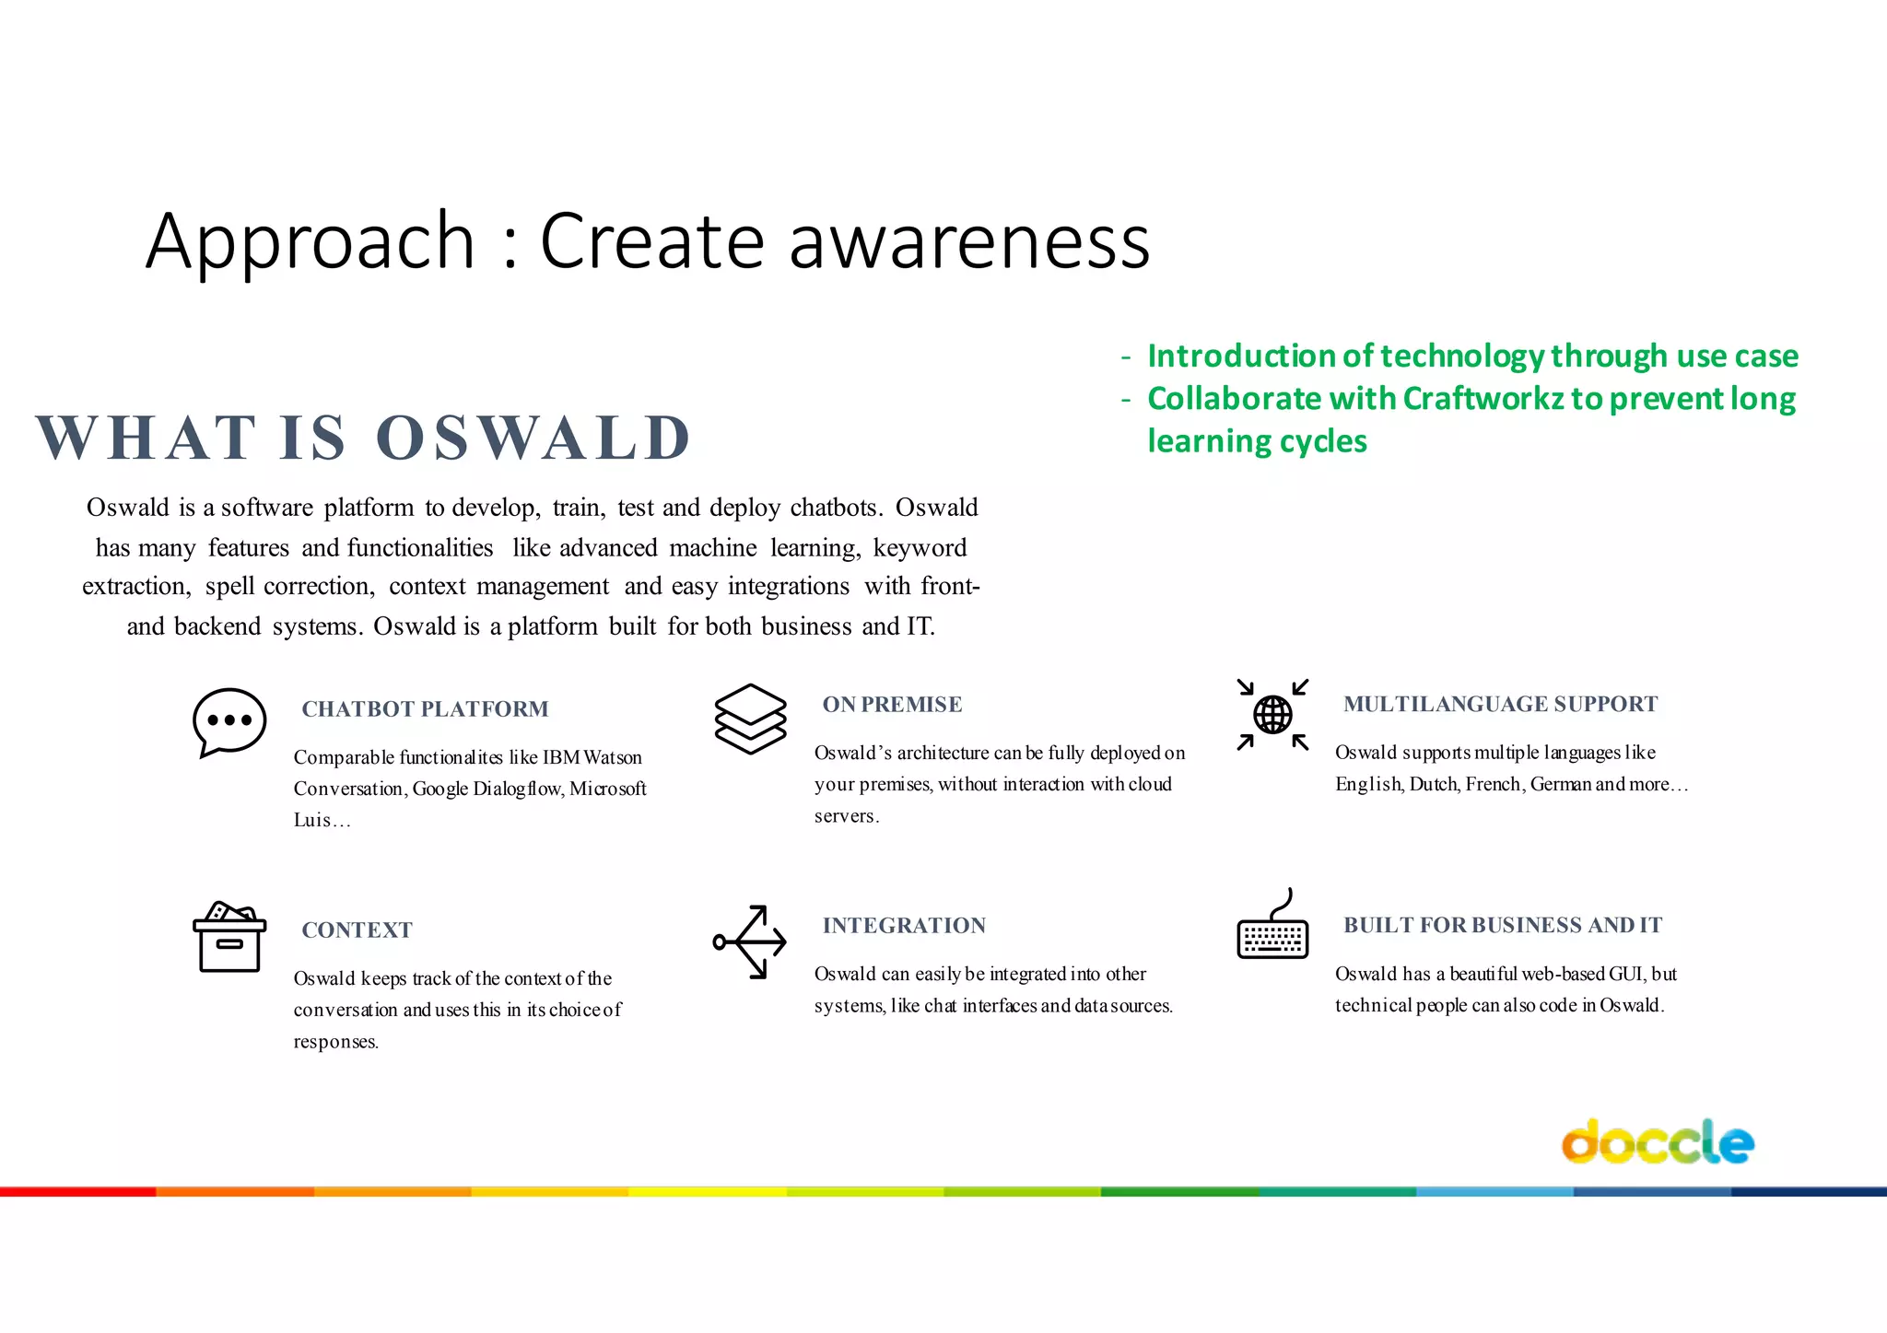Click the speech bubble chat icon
pos(229,721)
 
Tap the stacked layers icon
pos(750,719)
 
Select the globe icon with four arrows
pos(1272,715)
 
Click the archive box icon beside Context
pos(229,937)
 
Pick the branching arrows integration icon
pos(750,941)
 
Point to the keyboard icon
pos(1272,929)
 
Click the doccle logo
pos(1657,1142)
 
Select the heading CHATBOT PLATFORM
pos(425,708)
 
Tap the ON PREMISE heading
pos(892,704)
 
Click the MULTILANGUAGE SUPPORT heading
pos(1500,704)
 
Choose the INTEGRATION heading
pos(904,925)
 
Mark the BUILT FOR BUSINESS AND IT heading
pos(1502,925)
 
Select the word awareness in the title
pos(969,240)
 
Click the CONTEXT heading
pos(357,930)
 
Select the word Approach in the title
pos(310,240)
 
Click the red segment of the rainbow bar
pos(78,1191)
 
